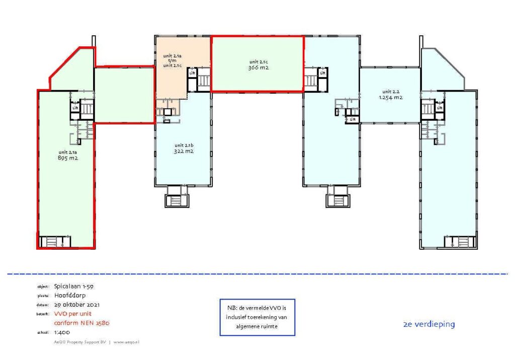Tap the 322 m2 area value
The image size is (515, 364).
click(x=184, y=151)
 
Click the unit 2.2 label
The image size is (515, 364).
click(x=390, y=91)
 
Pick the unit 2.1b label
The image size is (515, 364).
click(x=184, y=145)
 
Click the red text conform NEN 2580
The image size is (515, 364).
click(x=81, y=323)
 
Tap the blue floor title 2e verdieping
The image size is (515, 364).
click(x=428, y=324)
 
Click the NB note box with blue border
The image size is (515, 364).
click(x=257, y=317)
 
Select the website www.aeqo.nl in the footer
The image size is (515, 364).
click(x=126, y=342)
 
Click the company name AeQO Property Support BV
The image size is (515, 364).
click(x=80, y=342)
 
